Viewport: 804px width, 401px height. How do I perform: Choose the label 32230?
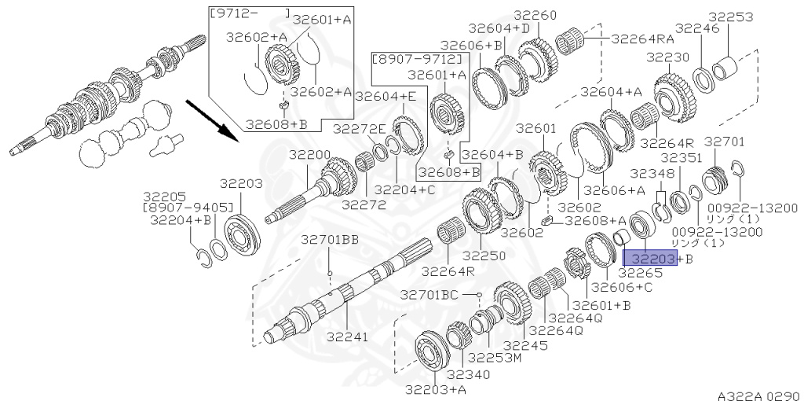click(667, 57)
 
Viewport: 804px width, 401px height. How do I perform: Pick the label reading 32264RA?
click(643, 37)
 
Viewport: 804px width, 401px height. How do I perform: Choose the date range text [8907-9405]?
click(188, 208)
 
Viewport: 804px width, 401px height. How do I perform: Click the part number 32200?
click(309, 155)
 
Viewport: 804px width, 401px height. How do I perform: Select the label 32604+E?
click(385, 96)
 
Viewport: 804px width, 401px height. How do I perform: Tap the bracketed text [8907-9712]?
click(416, 58)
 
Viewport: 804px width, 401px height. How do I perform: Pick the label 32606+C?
click(621, 287)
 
